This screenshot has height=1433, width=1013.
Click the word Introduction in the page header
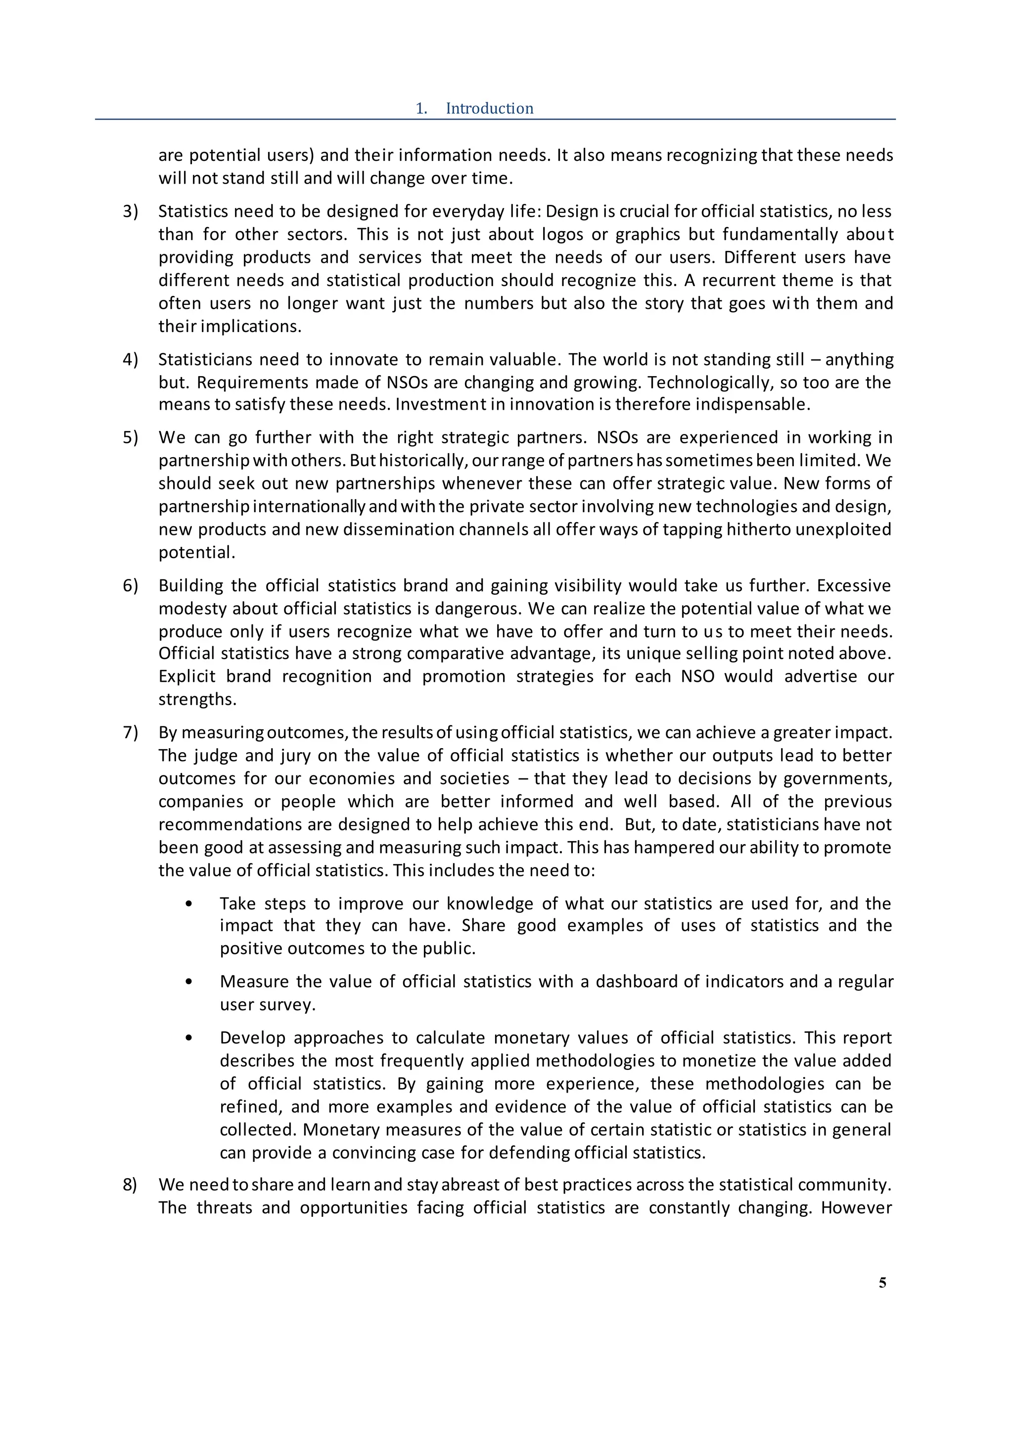489,108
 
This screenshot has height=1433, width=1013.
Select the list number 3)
130,212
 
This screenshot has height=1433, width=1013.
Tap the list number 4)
130,360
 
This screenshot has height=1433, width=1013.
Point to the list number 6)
130,585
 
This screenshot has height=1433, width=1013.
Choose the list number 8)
130,1185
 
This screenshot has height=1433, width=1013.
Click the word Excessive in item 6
853,585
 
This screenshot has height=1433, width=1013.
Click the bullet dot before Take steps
189,905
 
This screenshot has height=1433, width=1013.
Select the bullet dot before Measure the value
189,982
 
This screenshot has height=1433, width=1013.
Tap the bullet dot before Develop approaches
189,1038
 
